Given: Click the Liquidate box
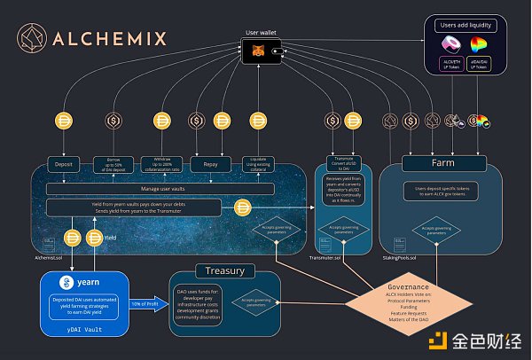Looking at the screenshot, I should coord(258,164).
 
